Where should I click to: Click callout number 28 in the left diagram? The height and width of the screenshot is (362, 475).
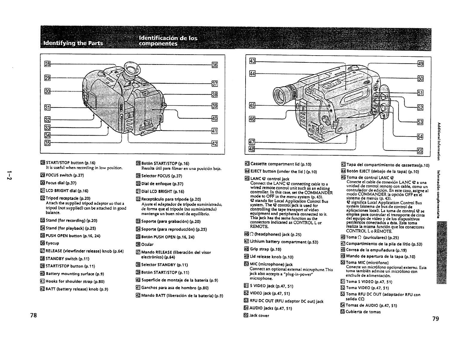pyautogui.click(x=47, y=65)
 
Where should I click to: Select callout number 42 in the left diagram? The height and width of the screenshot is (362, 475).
pyautogui.click(x=214, y=144)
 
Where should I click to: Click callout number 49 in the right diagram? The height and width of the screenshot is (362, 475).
pyautogui.click(x=420, y=64)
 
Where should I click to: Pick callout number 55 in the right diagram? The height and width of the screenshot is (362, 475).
pyautogui.click(x=420, y=151)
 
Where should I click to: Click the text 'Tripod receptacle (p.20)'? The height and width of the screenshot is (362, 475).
pyautogui.click(x=65, y=198)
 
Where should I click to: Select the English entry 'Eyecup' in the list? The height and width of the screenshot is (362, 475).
pyautogui.click(x=52, y=243)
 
